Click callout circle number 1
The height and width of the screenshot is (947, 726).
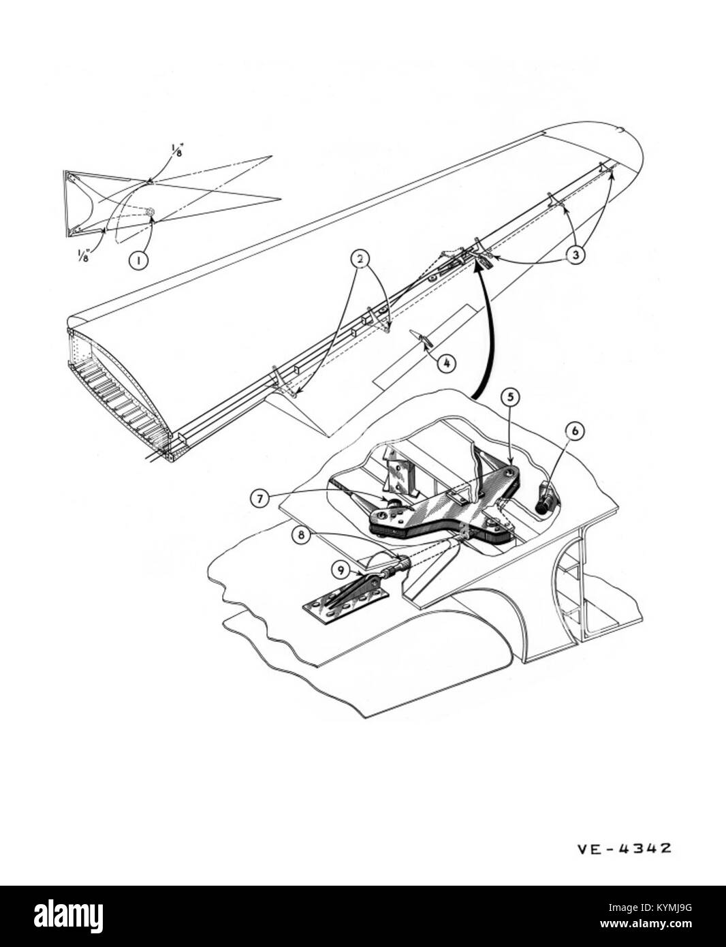click(138, 260)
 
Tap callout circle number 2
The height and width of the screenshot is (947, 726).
click(360, 259)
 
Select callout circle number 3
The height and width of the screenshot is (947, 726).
click(575, 255)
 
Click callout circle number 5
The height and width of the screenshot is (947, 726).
click(510, 396)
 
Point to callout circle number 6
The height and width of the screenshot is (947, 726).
click(575, 431)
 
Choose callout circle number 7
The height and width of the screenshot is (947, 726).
click(259, 499)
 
